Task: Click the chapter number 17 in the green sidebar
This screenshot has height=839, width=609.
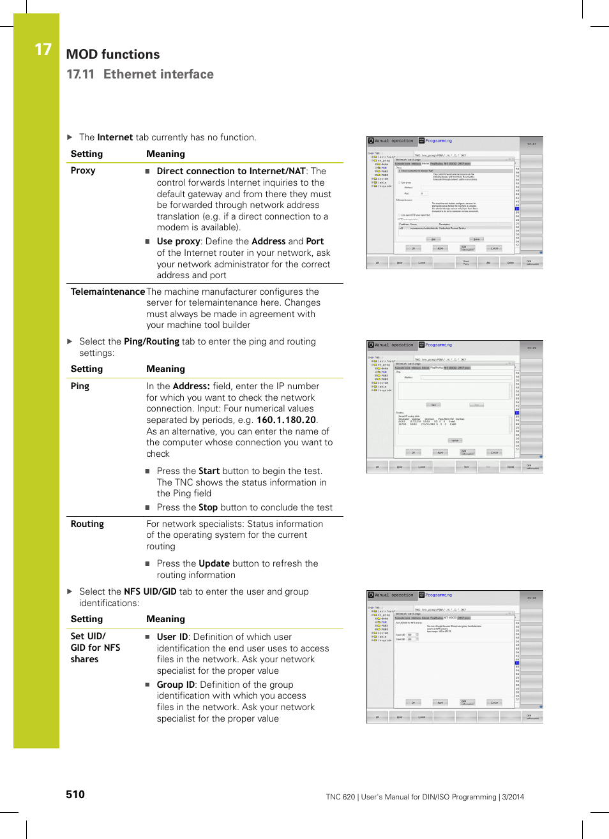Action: pos(43,50)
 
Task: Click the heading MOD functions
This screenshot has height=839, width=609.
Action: pos(113,55)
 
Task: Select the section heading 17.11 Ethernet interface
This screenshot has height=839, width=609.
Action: pos(140,75)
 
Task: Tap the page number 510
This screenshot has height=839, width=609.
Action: pos(75,794)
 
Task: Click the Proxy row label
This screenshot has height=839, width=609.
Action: pos(83,171)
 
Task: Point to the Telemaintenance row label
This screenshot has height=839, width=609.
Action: pos(107,292)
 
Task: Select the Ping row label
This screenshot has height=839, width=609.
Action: pos(80,386)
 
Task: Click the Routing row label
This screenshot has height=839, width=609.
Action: pos(87,524)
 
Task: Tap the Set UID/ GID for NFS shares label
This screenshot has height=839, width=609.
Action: pos(95,648)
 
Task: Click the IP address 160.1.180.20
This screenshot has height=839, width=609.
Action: pos(286,420)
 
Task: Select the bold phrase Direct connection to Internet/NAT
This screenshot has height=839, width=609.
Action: pos(231,171)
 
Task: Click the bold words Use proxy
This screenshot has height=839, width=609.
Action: pos(179,241)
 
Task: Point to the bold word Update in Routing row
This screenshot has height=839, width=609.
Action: pos(214,563)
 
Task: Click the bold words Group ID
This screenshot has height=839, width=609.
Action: pos(176,685)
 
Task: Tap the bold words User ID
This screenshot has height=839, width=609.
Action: pos(172,637)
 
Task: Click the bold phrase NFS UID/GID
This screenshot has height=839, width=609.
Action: pos(150,591)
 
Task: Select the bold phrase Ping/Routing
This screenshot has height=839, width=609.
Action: pos(151,341)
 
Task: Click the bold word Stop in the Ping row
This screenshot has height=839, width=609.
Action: pos(208,507)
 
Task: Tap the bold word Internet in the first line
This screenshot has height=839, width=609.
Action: pos(115,137)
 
